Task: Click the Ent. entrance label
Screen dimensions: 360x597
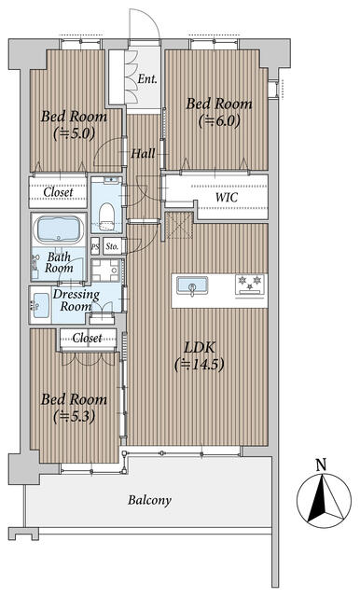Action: (x=147, y=78)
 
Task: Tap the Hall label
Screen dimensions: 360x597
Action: (x=143, y=153)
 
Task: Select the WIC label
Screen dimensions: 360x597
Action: (x=227, y=197)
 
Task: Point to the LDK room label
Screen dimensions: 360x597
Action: (x=200, y=347)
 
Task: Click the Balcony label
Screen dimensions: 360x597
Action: (x=149, y=500)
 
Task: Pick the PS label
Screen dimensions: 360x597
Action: (x=95, y=246)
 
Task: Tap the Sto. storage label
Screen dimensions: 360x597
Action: (x=112, y=246)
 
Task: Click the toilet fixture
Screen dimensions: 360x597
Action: (x=107, y=215)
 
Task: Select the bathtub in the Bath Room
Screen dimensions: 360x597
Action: (x=59, y=229)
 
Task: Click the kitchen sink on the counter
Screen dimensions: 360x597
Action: (x=192, y=285)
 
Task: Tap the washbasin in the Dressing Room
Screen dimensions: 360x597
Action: (x=40, y=305)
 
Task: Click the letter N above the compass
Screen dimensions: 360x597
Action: (x=321, y=465)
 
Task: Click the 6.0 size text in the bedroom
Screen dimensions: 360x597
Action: (x=219, y=121)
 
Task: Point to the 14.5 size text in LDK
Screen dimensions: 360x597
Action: (x=199, y=365)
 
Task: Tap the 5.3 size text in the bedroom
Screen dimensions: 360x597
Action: (x=74, y=416)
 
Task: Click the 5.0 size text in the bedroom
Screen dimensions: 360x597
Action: (x=74, y=133)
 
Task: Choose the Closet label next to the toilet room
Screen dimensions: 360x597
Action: (x=58, y=192)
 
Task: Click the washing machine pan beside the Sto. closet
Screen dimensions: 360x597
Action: (x=106, y=271)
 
